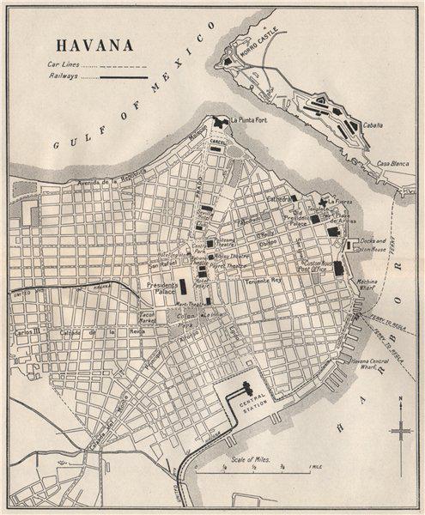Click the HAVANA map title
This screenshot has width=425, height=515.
(x=92, y=43)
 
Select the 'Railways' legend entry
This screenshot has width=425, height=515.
(x=66, y=77)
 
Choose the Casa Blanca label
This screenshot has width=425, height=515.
(x=390, y=163)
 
